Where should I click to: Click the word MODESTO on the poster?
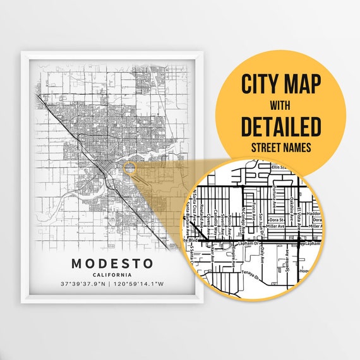(112, 262)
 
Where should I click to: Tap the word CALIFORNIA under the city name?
(112, 275)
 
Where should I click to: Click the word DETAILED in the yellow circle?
(281, 126)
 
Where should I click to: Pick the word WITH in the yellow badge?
(281, 105)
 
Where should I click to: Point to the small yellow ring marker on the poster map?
(129, 168)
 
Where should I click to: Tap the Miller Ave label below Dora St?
(276, 226)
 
